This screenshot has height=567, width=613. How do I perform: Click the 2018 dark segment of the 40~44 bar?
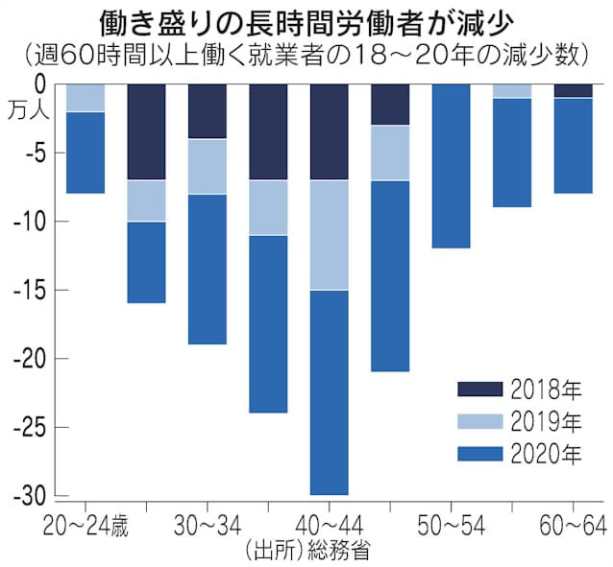[x=329, y=131]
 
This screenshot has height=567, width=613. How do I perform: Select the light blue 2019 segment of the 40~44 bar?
[x=329, y=235]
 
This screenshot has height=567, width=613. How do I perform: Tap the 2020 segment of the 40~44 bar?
[x=329, y=391]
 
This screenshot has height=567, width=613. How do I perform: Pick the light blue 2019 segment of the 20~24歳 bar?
[x=86, y=98]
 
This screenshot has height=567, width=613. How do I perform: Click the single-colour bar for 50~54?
[x=451, y=166]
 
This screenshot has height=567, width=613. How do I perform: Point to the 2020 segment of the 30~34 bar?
[x=208, y=269]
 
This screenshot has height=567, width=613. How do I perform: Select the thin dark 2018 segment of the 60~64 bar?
[x=573, y=91]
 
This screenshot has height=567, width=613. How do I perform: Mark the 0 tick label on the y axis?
[x=39, y=84]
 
